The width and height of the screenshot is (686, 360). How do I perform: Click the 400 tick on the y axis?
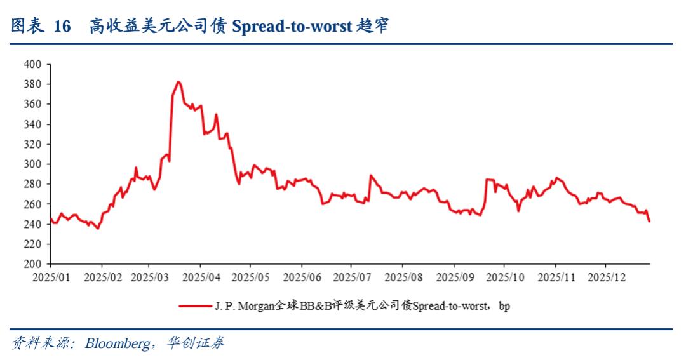click(x=32, y=64)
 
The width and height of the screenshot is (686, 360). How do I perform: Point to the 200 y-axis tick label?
click(x=32, y=264)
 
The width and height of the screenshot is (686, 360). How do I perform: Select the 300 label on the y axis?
click(x=32, y=164)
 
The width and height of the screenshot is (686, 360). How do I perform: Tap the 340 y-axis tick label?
click(x=32, y=124)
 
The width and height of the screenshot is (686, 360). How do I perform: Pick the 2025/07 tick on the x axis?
click(x=353, y=277)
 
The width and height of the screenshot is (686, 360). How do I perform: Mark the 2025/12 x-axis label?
click(x=606, y=277)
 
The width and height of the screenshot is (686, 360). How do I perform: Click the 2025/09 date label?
click(x=454, y=277)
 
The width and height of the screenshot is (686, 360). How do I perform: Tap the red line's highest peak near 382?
click(x=178, y=82)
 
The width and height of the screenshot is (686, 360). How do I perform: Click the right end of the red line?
click(x=649, y=221)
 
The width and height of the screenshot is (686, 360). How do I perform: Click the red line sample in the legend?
click(x=194, y=306)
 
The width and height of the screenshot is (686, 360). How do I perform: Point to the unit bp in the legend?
click(x=504, y=306)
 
